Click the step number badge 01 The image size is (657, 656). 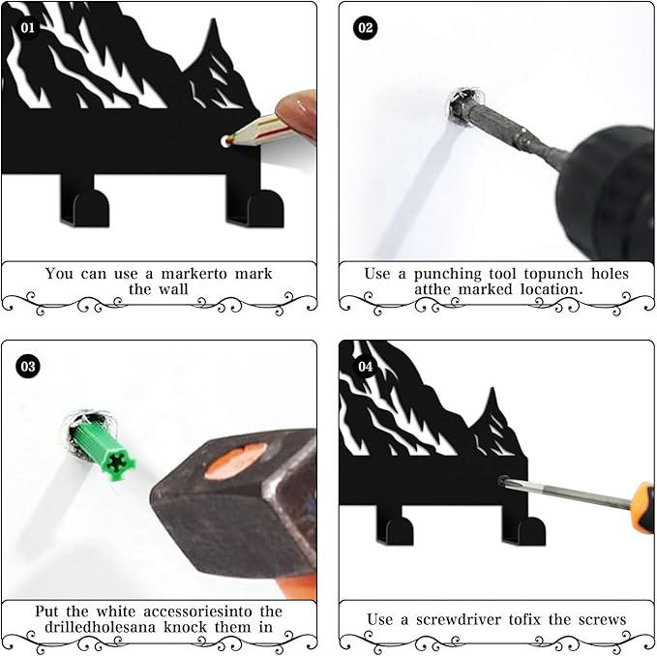click(x=27, y=27)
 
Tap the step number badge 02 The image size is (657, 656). click(x=365, y=27)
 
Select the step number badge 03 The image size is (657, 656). click(x=27, y=366)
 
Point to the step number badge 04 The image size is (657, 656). click(x=365, y=367)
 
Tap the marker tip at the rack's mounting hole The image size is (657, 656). click(x=226, y=141)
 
